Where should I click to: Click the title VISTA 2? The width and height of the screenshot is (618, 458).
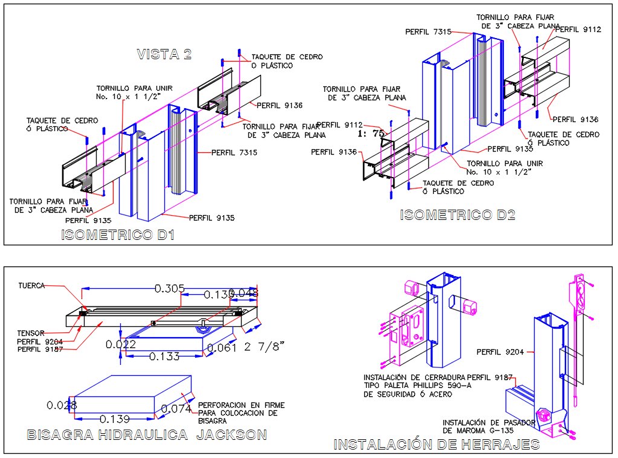coord(164,54)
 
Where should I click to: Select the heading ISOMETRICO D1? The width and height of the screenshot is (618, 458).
coord(118,235)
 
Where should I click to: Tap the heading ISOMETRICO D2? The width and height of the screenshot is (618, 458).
coord(457,215)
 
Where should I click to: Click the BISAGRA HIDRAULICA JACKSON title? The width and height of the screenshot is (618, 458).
coord(147,435)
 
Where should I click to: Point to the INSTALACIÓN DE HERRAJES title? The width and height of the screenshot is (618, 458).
coord(436,445)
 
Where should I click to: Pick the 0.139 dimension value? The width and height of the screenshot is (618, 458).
coord(115,419)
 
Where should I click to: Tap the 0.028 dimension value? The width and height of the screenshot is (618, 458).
coord(62,405)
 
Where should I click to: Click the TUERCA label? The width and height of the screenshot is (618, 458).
coord(31,285)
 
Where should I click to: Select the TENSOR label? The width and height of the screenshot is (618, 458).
coord(30,333)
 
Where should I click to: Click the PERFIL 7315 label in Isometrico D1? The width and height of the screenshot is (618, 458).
coord(234,153)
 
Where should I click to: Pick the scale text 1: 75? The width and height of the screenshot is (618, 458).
coord(372,134)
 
